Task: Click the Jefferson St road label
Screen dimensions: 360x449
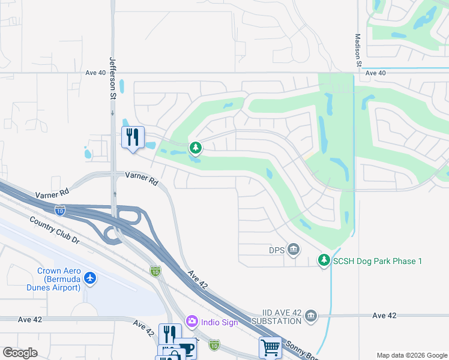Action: [112, 77]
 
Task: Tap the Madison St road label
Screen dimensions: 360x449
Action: [357, 50]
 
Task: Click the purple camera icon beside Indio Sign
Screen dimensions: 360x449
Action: [192, 322]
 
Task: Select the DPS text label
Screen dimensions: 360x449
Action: [277, 249]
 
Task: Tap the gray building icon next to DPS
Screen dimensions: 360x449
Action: [294, 249]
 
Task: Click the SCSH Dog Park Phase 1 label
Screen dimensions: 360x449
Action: [378, 260]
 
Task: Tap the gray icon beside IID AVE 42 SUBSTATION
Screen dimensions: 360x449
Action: [310, 316]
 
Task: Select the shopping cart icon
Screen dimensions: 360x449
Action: [270, 347]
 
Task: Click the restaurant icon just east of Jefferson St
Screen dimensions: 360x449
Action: [133, 137]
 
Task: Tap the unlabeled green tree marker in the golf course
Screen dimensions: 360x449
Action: [195, 147]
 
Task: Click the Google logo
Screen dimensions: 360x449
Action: [20, 353]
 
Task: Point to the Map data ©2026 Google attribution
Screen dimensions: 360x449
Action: [411, 355]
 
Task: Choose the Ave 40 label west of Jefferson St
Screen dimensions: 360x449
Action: [95, 73]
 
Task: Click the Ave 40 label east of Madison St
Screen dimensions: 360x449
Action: [375, 73]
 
